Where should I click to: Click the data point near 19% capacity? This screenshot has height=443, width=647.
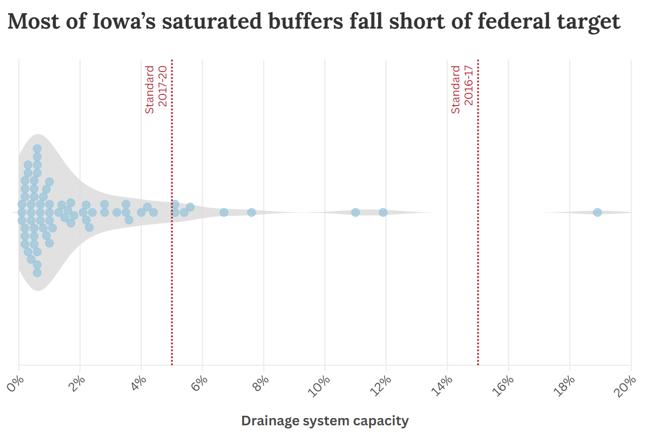coord(597,212)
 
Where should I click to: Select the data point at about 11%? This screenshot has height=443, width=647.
coord(355,212)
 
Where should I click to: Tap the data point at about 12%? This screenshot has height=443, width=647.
coord(383,212)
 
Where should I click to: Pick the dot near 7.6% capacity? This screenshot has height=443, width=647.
coord(251,212)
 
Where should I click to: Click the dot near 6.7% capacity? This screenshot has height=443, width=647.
coord(224,212)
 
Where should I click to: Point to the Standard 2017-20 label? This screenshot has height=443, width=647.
coord(156,89)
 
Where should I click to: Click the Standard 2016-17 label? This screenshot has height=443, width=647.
coord(462,89)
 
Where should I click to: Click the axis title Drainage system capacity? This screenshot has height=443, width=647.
coord(325,421)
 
